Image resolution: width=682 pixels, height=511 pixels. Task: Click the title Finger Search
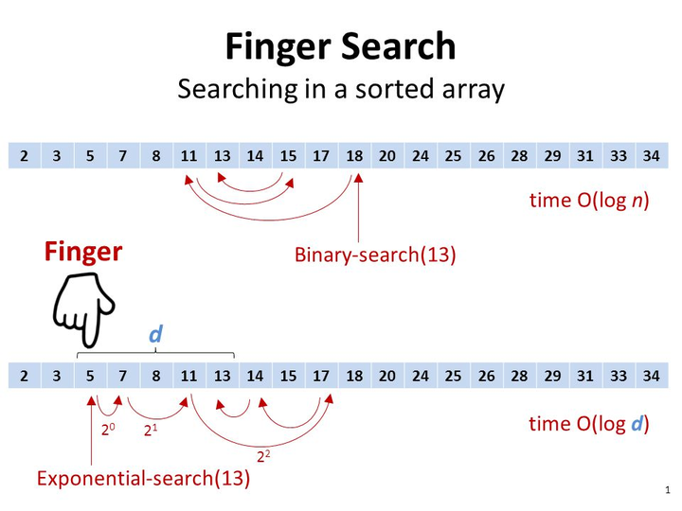click(340, 47)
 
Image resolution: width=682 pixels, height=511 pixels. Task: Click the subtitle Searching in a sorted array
click(341, 89)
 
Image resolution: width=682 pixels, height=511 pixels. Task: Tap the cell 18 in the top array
click(354, 155)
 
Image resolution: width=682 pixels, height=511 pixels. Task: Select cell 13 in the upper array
click(223, 155)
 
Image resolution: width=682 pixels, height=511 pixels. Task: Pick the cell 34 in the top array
click(652, 155)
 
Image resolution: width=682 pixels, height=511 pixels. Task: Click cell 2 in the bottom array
click(25, 376)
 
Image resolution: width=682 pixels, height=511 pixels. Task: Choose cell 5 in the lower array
click(90, 376)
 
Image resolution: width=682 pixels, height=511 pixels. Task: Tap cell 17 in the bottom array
click(321, 376)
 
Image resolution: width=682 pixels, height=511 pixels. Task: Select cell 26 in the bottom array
click(486, 376)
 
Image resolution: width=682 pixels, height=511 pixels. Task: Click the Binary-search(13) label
click(375, 255)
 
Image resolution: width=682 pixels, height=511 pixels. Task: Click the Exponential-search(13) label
click(144, 479)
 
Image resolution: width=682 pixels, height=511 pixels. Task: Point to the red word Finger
click(83, 252)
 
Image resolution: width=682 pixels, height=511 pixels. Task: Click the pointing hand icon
click(83, 309)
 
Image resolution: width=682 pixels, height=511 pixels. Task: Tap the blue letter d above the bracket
click(155, 334)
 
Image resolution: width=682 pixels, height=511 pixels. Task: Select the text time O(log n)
click(589, 201)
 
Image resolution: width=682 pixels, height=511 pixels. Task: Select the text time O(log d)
click(589, 424)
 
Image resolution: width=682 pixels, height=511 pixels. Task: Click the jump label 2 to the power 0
click(108, 430)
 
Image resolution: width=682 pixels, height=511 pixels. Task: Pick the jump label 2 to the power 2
click(263, 456)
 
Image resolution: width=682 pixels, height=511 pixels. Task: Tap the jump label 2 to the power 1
click(151, 431)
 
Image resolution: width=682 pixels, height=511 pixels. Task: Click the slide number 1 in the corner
click(668, 490)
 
